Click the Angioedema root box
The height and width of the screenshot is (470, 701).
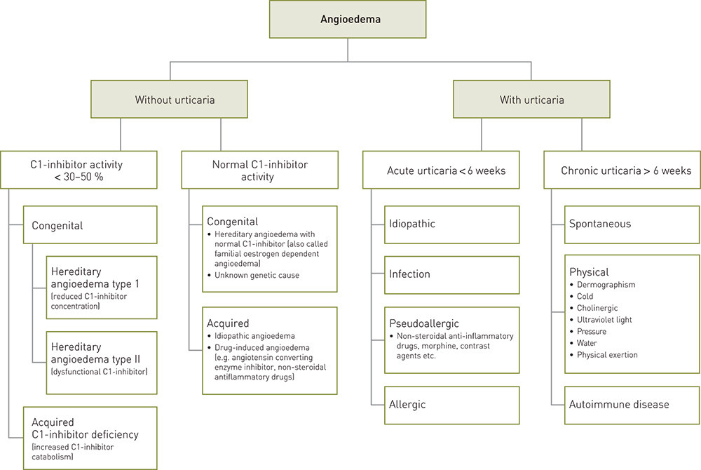(x=348, y=20)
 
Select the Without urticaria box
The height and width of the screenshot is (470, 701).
(x=175, y=100)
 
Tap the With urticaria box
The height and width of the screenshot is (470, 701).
(x=531, y=100)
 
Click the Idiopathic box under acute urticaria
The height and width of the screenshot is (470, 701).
(x=451, y=224)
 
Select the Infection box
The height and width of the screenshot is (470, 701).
(x=451, y=274)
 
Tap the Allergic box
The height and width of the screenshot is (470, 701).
(x=451, y=405)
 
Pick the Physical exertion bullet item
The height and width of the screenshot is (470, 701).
(x=607, y=355)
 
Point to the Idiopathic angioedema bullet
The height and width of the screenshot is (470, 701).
(x=250, y=337)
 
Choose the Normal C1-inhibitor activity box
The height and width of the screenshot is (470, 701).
(x=259, y=170)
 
